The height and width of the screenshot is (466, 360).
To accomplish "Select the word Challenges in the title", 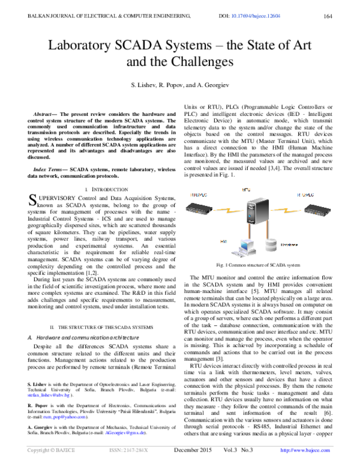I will [203, 61].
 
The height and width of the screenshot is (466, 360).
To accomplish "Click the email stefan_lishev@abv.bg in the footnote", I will [47, 396].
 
